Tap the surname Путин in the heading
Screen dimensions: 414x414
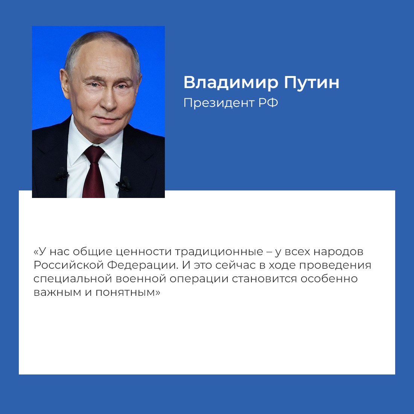[x=311, y=82]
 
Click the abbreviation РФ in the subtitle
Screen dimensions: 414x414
[x=268, y=103]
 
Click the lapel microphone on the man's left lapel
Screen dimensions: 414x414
[x=123, y=184]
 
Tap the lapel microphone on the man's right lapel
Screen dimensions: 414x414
[x=61, y=175]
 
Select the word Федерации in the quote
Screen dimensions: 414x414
[x=143, y=265]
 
